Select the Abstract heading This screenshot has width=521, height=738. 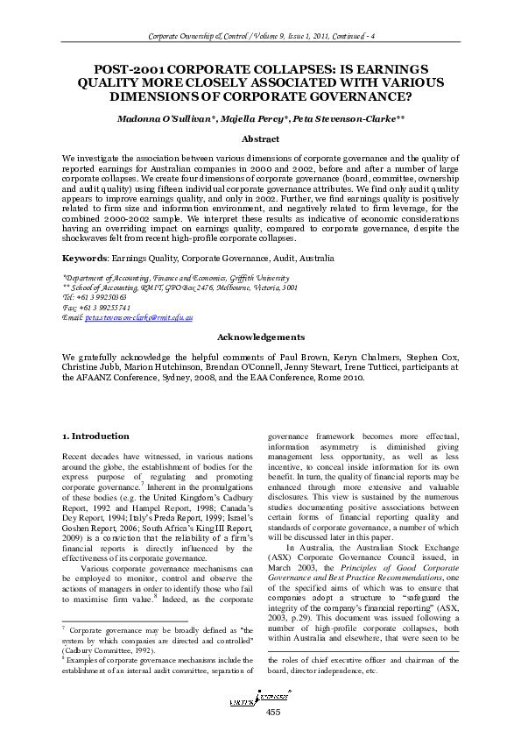pyautogui.click(x=260, y=138)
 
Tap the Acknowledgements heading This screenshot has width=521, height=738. pyautogui.click(x=260, y=361)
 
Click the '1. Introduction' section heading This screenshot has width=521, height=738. pyautogui.click(x=96, y=436)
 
